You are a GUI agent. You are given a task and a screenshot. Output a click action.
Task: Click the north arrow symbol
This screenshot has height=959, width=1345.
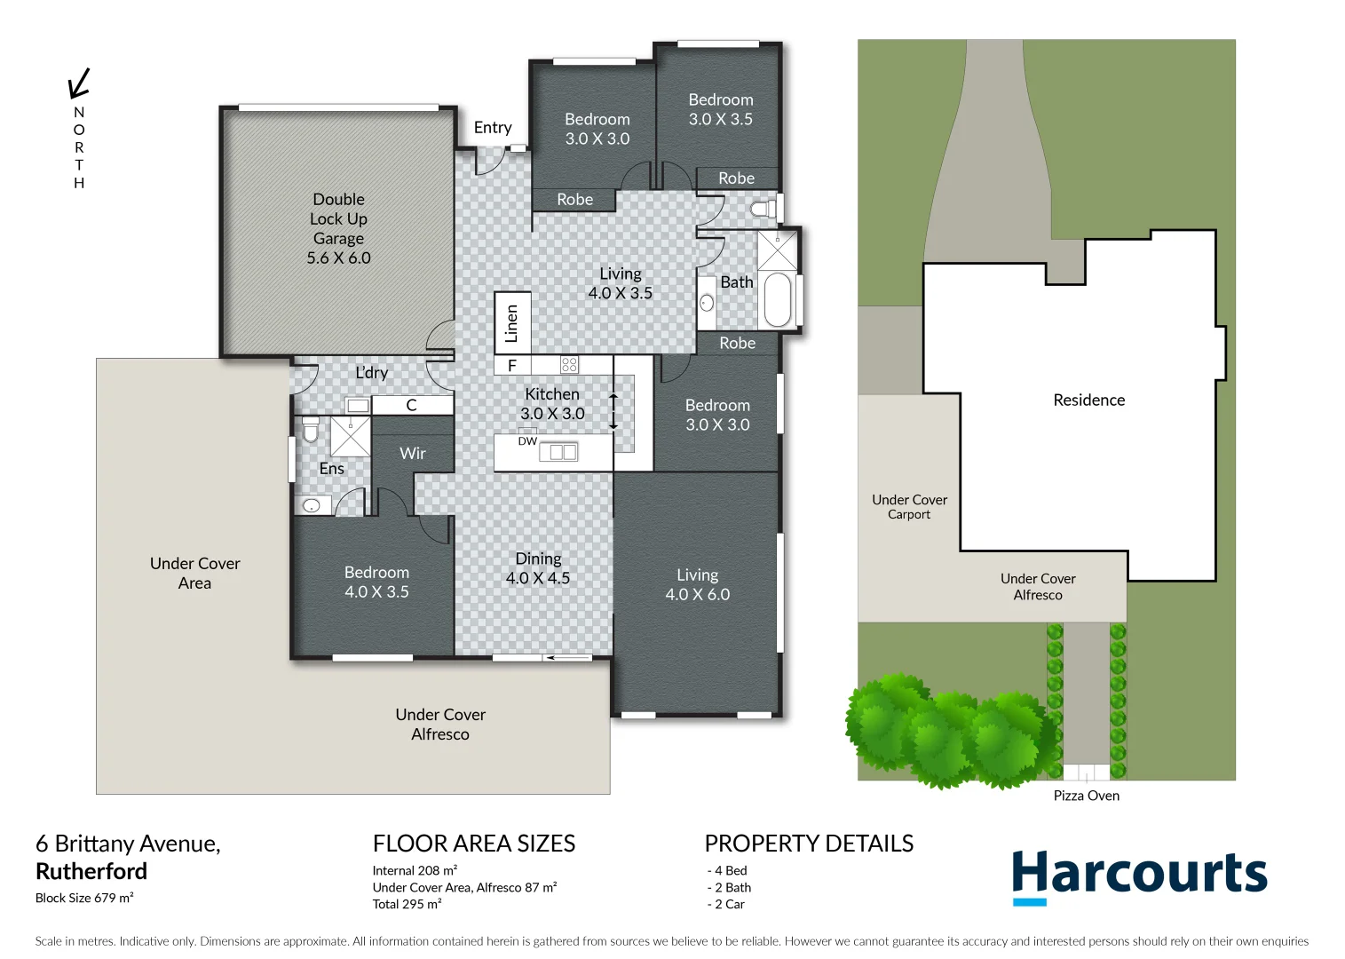pos(79,83)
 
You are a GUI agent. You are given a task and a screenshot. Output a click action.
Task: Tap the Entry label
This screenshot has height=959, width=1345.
pos(492,128)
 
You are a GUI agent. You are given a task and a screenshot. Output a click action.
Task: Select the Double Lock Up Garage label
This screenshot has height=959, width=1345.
pos(338,228)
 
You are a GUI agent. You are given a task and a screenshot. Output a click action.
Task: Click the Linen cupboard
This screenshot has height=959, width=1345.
pos(512,323)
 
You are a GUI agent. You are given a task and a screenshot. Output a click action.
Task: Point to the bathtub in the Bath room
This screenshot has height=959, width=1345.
pos(778,300)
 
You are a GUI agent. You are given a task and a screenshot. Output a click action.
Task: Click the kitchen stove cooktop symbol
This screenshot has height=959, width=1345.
pos(569,364)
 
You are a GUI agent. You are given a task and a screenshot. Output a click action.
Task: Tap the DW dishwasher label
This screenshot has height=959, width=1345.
pos(527,441)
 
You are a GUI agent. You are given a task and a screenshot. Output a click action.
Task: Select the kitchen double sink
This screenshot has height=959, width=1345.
pos(558,452)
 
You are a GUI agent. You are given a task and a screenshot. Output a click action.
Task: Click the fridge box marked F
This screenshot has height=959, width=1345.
pos(512,365)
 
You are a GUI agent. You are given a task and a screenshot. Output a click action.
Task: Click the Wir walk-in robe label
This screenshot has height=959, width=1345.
pos(413,454)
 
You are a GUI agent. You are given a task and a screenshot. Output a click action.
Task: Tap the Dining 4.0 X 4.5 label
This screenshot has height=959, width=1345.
pos(538,568)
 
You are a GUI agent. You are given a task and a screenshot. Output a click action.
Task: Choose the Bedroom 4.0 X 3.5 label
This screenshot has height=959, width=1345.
pos(376,583)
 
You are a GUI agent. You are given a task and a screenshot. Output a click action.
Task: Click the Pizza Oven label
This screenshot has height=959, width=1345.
pos(1086,796)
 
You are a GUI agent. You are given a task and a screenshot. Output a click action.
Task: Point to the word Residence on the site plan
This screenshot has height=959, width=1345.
pos(1088,400)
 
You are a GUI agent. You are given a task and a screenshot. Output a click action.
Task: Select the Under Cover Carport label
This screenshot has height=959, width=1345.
pos(909,507)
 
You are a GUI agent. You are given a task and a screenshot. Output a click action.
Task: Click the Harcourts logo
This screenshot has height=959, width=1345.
pos(1139,876)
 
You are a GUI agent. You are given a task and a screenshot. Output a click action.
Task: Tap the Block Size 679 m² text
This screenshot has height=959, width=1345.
pos(84,898)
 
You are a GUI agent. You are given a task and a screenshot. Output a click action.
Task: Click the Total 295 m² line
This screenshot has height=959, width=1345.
pos(407,904)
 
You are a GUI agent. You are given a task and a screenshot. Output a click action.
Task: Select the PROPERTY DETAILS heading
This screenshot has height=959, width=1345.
pos(809,844)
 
